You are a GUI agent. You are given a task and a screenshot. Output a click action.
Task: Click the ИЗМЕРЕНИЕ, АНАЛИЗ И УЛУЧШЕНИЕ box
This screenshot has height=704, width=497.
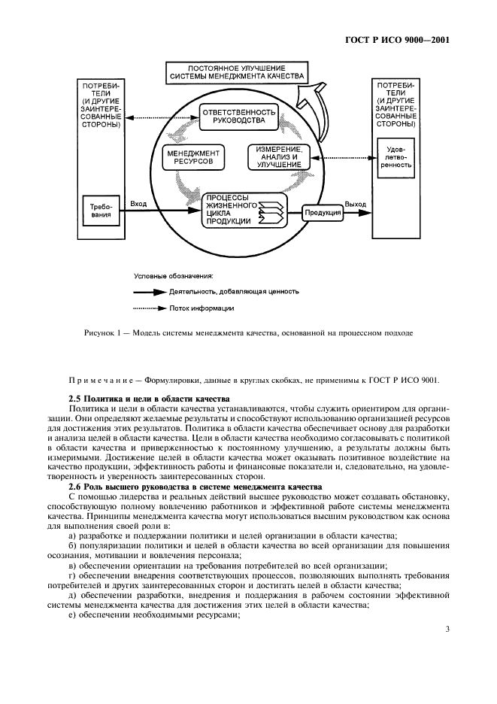click(x=278, y=157)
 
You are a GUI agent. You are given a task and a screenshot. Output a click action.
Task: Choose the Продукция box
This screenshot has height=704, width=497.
click(x=323, y=213)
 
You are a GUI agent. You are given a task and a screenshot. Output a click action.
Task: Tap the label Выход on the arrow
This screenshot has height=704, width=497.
click(x=355, y=204)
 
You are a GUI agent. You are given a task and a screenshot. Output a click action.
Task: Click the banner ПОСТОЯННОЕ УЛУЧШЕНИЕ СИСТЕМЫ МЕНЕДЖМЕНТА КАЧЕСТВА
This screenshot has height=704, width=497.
click(x=236, y=72)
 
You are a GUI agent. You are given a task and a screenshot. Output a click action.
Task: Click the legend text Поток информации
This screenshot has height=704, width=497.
click(x=207, y=308)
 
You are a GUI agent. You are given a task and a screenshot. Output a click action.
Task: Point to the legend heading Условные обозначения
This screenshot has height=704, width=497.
click(x=174, y=275)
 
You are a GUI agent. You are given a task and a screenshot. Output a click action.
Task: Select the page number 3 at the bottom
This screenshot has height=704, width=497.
click(x=447, y=630)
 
